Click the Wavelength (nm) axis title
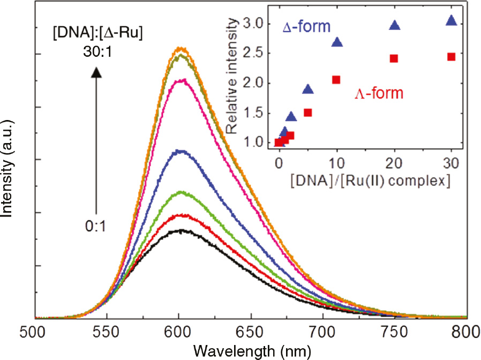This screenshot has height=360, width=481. click(250, 350)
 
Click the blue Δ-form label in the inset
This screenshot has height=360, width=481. click(307, 26)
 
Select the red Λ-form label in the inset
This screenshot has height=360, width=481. click(379, 94)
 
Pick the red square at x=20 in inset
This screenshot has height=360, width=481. click(394, 58)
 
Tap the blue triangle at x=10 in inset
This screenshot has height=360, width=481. click(337, 42)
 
